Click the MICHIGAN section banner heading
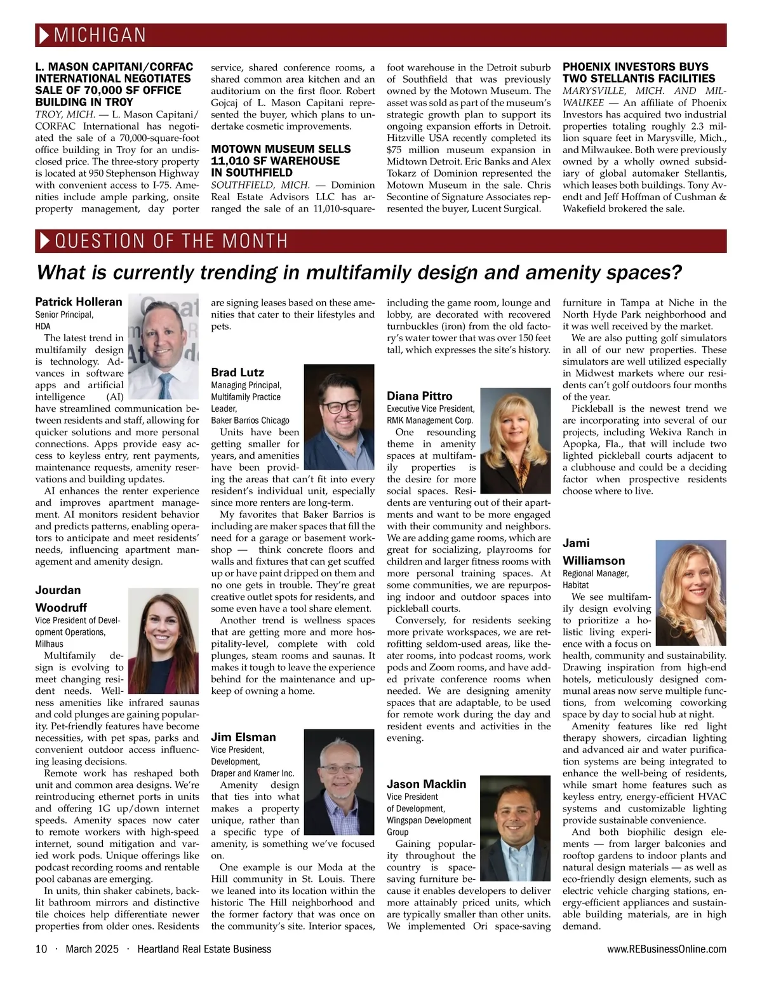point(100,35)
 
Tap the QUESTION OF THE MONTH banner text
point(171,241)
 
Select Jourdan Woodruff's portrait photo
point(163,640)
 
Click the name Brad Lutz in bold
point(237,372)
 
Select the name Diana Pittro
point(420,396)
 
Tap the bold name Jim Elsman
point(243,737)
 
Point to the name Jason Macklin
point(426,784)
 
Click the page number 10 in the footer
point(41,949)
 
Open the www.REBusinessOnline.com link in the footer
point(667,949)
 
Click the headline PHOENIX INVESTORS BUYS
point(635,67)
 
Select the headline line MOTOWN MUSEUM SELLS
point(281,149)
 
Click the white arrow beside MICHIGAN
point(44,36)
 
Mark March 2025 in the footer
point(92,949)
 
